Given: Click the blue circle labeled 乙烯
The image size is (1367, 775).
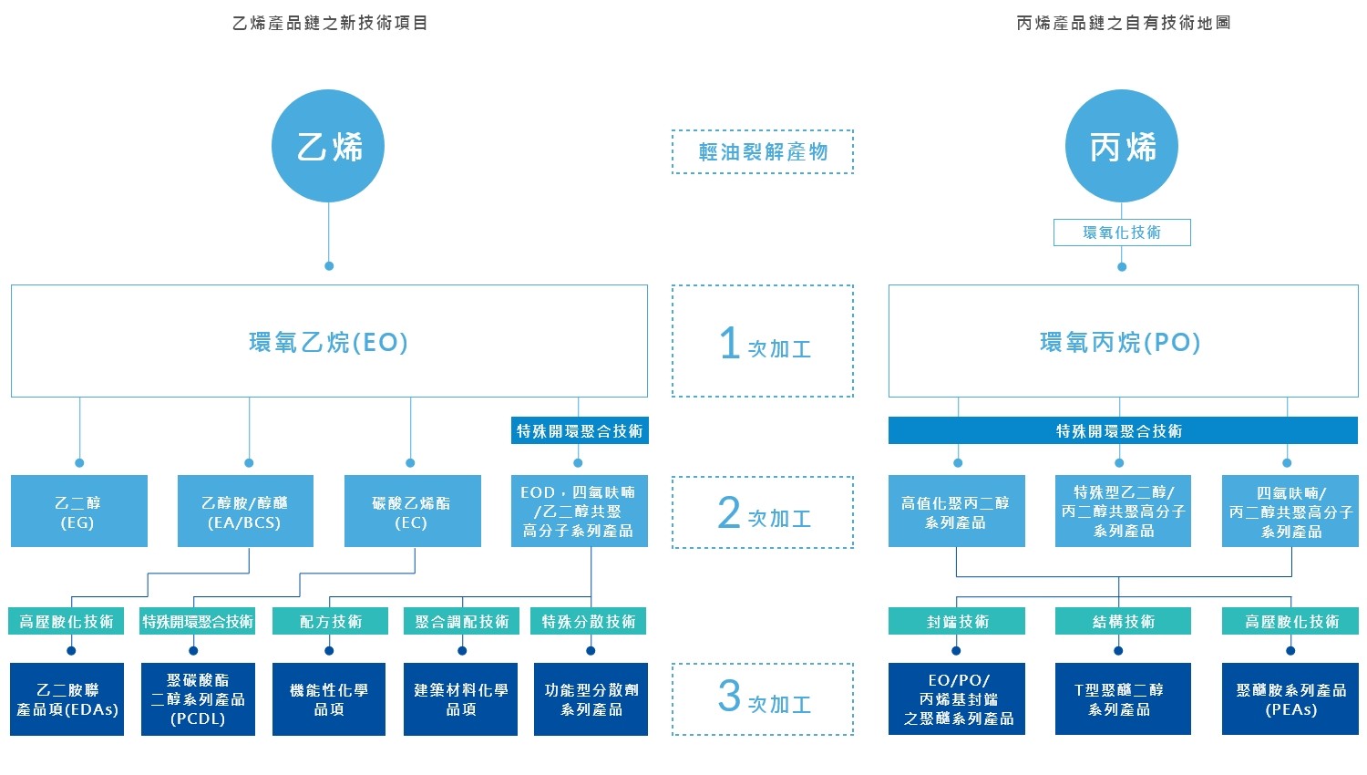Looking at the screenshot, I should (328, 146).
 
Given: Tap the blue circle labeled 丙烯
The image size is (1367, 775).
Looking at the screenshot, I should (1122, 146).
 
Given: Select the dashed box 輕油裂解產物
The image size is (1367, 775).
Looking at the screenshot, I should (763, 151).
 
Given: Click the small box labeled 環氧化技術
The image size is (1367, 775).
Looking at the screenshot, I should (1122, 232).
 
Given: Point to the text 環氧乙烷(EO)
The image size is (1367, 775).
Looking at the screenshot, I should (329, 342).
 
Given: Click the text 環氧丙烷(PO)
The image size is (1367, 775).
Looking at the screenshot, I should (1121, 342).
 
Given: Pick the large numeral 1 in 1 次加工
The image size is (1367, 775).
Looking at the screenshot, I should (729, 344).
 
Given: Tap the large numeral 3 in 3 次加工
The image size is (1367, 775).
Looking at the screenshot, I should (729, 696).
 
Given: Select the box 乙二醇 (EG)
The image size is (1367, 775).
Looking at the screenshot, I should (78, 511).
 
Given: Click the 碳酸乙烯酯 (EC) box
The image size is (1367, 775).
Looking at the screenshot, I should (412, 511).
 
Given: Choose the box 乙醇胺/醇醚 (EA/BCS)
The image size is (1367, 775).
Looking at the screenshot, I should (245, 511).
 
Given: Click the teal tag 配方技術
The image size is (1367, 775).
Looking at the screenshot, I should (330, 621).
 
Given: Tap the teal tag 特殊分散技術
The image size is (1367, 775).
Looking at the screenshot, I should (590, 621).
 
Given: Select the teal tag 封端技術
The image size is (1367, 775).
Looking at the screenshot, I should (956, 621).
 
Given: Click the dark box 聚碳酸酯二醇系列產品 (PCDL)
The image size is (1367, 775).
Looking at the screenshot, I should (198, 699).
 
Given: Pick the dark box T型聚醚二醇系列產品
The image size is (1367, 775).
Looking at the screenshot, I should (1123, 699).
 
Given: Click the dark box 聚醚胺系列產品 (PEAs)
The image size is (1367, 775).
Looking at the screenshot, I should (1290, 699).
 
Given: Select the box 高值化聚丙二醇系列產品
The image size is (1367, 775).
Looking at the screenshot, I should (956, 511).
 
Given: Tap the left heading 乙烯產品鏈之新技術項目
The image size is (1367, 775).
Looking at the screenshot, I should (330, 23).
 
